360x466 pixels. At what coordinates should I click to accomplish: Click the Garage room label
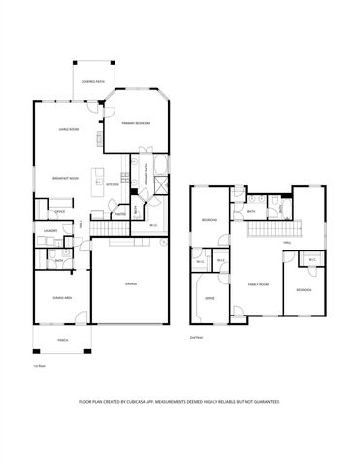pyautogui.click(x=130, y=283)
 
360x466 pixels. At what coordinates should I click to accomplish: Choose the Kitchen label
pyautogui.click(x=112, y=184)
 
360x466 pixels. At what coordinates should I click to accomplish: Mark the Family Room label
pyautogui.click(x=259, y=284)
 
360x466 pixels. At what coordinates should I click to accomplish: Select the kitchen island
pyautogui.click(x=97, y=180)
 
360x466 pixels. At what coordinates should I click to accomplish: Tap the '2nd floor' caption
pyautogui.click(x=198, y=337)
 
